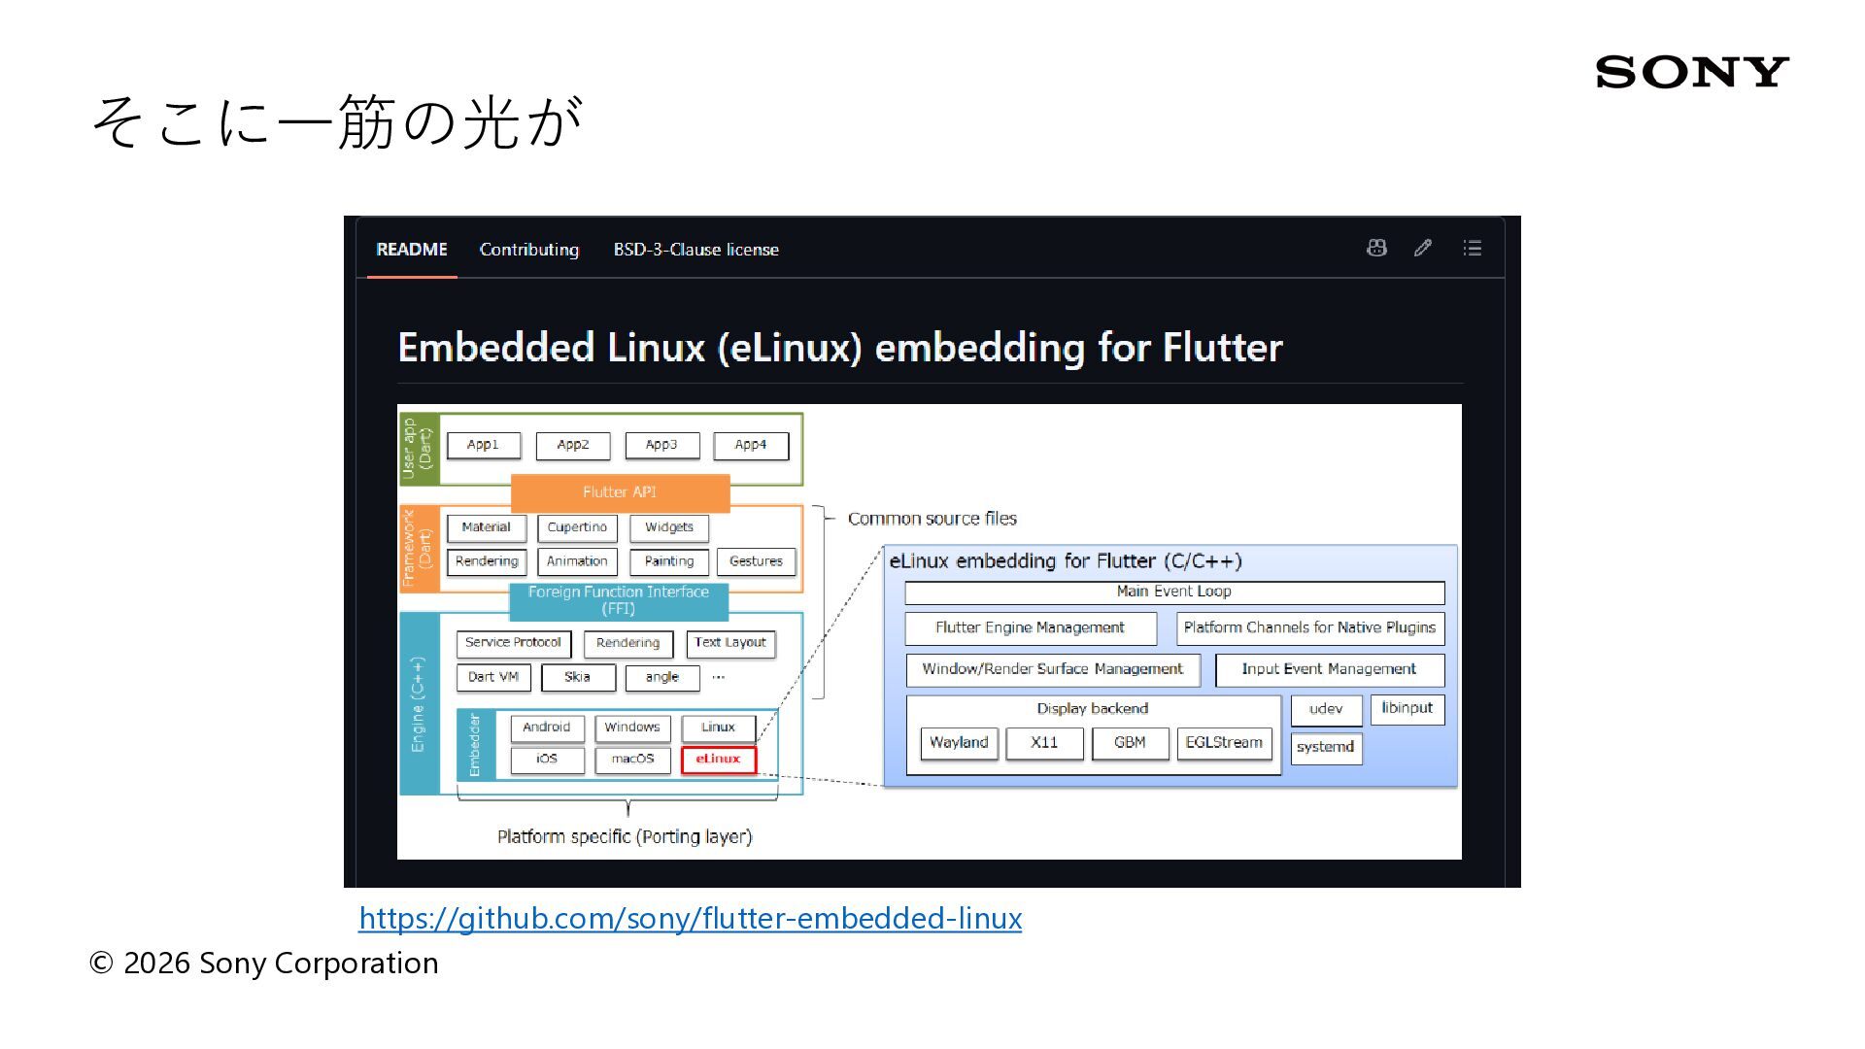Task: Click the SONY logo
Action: [x=1691, y=72]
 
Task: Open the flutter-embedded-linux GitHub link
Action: [x=690, y=918]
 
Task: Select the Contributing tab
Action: [x=528, y=250]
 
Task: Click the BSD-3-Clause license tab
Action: [x=695, y=250]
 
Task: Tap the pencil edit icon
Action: [x=1423, y=248]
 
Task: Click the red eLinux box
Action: [x=718, y=759]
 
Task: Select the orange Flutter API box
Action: [x=620, y=492]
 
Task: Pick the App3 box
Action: [x=661, y=445]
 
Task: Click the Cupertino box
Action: [x=577, y=527]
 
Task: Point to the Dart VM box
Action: [x=493, y=677]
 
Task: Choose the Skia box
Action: [x=578, y=677]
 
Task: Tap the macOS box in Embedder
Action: [x=632, y=760]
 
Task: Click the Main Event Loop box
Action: [x=1174, y=592]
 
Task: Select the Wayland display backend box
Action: [x=959, y=743]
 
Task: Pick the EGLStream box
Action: [x=1224, y=743]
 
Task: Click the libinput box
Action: [x=1407, y=709]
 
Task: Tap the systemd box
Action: [x=1326, y=748]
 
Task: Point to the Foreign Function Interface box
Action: [x=619, y=600]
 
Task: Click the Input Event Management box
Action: [x=1330, y=670]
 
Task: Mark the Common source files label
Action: [x=932, y=519]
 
